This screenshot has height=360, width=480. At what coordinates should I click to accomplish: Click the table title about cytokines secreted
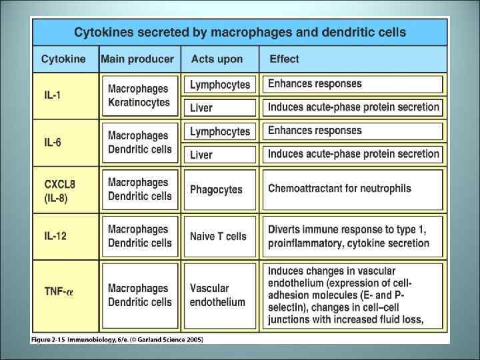point(239,32)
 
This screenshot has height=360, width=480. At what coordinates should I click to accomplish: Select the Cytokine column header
point(63,59)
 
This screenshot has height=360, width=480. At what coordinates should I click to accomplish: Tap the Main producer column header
point(137,59)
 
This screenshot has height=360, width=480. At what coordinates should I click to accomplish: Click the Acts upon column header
point(217,59)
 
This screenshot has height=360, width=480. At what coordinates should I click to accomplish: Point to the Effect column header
point(284,59)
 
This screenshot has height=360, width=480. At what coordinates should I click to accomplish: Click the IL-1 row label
point(52,95)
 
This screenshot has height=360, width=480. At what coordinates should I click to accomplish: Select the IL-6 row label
point(53,142)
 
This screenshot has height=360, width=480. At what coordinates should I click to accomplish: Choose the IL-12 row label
point(55,235)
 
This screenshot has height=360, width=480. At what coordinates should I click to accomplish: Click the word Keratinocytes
point(139,103)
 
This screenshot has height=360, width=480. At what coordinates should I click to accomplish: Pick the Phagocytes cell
point(216,189)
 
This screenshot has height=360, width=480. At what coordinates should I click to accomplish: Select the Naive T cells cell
point(218,236)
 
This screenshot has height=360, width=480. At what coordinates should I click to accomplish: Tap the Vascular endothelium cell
point(217,295)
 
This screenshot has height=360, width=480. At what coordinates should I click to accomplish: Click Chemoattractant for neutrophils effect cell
point(339,189)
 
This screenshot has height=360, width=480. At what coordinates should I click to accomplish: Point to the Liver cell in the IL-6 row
point(201,155)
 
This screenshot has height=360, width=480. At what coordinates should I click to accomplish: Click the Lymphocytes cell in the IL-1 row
point(219,85)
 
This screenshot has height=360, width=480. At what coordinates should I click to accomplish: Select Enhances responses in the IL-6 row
point(315,131)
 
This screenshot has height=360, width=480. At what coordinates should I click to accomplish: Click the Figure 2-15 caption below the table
point(117,339)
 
